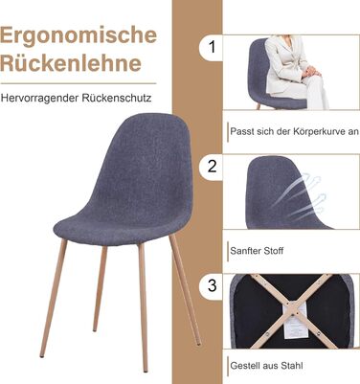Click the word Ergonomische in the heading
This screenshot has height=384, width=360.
pyautogui.click(x=79, y=36)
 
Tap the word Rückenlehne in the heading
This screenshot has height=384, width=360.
pyautogui.click(x=71, y=62)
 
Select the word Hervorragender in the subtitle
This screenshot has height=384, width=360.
pyautogui.click(x=39, y=98)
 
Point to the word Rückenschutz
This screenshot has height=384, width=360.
pyautogui.click(x=117, y=98)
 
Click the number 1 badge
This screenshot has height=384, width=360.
pyautogui.click(x=211, y=47)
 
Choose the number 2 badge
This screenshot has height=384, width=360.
pyautogui.click(x=211, y=167)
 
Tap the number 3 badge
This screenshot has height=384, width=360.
pyautogui.click(x=211, y=285)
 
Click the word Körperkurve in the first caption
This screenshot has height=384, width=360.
pyautogui.click(x=316, y=132)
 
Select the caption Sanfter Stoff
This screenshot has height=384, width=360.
pyautogui.click(x=257, y=251)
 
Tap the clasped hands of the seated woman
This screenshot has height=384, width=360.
pyautogui.click(x=311, y=72)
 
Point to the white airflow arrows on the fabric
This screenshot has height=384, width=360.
pyautogui.click(x=299, y=194)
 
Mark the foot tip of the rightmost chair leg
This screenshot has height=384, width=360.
pyautogui.click(x=198, y=344)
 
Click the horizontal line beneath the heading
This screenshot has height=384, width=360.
pyautogui.click(x=79, y=83)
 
